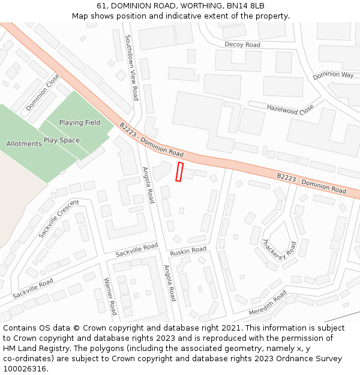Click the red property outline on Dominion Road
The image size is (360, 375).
pos(179,172)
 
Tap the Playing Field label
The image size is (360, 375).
pos(80,123)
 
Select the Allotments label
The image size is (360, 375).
pos(24,144)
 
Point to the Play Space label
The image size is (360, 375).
pos(61,140)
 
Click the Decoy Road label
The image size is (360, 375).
pos(242,45)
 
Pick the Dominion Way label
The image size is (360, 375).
pos(334,75)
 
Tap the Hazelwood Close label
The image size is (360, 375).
pos(290,109)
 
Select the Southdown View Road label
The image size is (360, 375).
pos(131,67)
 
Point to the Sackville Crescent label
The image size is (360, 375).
pos(59,218)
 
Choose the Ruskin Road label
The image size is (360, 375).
pos(188,250)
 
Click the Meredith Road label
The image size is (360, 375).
pos(268,303)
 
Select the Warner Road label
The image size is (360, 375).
pos(110,296)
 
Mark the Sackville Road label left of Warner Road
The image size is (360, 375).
pos(33,289)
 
